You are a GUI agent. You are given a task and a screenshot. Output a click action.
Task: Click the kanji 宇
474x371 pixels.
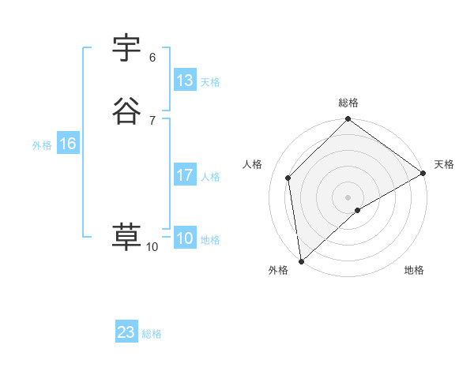127,49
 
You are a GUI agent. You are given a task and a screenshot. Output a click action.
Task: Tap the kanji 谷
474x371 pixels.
127,111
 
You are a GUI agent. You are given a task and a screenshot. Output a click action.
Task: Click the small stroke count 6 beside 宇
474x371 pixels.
152,58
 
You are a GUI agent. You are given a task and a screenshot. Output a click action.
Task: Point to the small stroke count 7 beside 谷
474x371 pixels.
152,120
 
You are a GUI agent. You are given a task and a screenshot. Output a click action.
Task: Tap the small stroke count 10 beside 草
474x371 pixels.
152,247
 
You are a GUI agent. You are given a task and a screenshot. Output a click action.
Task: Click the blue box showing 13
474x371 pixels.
185,81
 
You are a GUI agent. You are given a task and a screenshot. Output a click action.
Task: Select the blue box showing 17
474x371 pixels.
185,175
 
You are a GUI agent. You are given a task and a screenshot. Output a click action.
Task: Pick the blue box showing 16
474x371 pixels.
67,144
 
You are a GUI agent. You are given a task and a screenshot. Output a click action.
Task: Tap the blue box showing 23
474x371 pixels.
126,332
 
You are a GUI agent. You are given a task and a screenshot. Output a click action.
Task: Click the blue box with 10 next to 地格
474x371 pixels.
185,238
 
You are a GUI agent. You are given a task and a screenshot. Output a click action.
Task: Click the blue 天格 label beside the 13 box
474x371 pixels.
210,82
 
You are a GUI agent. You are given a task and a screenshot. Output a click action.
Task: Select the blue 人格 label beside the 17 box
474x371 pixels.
210,177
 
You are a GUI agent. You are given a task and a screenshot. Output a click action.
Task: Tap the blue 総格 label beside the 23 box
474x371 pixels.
152,334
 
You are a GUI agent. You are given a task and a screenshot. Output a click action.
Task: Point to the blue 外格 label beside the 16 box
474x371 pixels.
42,145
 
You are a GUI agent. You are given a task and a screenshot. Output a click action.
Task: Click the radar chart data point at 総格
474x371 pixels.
348,121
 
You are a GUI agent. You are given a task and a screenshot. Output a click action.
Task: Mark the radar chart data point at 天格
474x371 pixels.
423,174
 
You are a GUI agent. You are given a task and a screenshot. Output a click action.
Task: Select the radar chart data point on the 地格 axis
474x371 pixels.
358,210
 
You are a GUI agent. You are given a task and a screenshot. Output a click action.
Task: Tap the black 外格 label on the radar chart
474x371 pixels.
278,271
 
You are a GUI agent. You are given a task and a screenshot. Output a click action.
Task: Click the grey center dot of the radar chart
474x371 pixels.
348,197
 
